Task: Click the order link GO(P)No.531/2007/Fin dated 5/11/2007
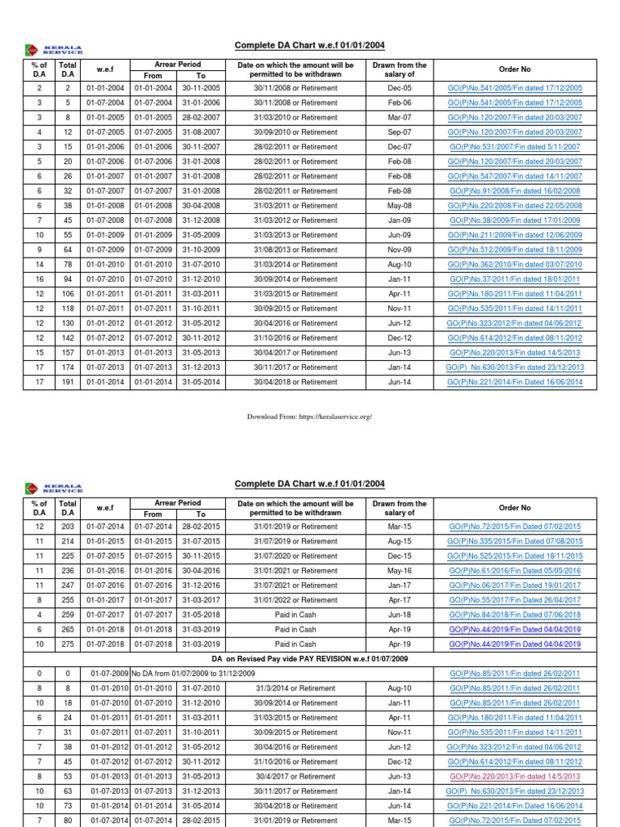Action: (x=514, y=147)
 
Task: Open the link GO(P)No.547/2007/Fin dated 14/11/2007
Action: (x=514, y=176)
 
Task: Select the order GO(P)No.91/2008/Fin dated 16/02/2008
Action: (x=514, y=191)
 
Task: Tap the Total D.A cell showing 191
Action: (x=68, y=382)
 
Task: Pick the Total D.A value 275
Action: (x=68, y=644)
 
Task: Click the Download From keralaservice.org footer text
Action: (x=309, y=417)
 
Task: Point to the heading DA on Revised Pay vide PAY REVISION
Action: (x=310, y=659)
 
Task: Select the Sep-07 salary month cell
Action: (x=399, y=132)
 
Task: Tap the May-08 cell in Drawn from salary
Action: (x=399, y=206)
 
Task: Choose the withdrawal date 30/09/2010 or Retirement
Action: (x=295, y=132)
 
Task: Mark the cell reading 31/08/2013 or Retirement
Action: (x=295, y=250)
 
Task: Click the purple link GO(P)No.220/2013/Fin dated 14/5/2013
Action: (x=514, y=776)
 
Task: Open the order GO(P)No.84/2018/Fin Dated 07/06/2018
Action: (x=514, y=615)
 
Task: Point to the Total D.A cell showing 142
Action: (x=68, y=338)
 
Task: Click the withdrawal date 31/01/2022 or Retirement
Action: (x=295, y=600)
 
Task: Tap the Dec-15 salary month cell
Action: (x=399, y=556)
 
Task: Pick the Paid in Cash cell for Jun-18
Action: (x=295, y=615)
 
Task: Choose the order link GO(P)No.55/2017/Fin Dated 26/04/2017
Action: (x=514, y=600)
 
